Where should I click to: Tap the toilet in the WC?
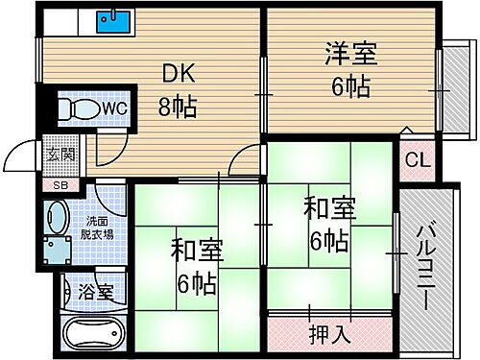coord(73,110)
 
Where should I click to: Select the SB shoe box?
coord(60,184)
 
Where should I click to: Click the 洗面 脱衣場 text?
coord(94,226)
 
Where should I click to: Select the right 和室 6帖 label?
coord(326,222)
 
